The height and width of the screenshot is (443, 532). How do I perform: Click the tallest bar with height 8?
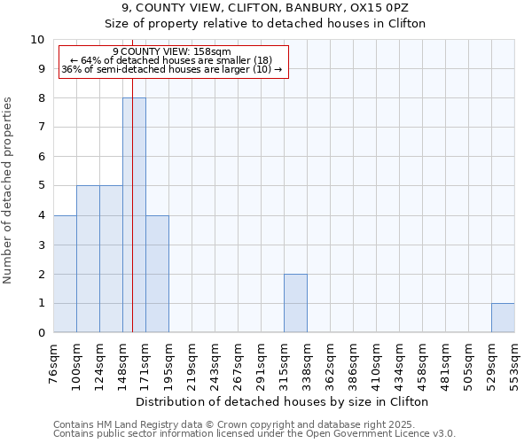[134, 215]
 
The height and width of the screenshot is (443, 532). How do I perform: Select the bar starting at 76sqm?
[65, 274]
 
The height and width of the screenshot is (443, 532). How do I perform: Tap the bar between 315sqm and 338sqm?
[295, 303]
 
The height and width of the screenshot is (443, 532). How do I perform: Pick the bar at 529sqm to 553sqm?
[503, 318]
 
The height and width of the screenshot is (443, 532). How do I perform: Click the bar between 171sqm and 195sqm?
[157, 274]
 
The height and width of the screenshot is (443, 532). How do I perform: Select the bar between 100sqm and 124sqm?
[88, 259]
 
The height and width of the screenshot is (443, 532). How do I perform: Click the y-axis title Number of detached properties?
[9, 190]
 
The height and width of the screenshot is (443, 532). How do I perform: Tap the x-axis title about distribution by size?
[284, 401]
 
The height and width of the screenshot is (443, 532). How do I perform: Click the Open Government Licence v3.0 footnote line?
[254, 434]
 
